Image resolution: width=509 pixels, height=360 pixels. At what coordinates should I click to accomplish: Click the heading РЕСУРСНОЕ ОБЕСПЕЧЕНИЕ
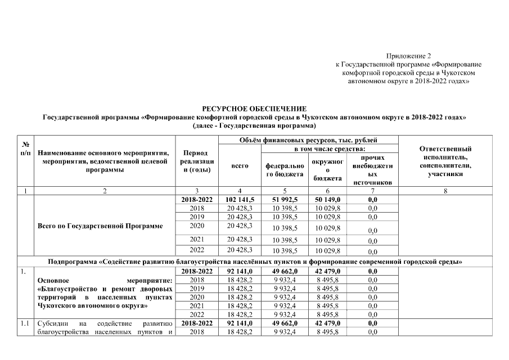[x=254, y=108]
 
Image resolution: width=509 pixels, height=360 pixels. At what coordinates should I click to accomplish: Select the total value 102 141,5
[x=240, y=200]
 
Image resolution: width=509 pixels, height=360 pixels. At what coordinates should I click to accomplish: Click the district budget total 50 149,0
[x=327, y=200]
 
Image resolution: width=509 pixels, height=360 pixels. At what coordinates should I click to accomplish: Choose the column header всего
[x=240, y=166]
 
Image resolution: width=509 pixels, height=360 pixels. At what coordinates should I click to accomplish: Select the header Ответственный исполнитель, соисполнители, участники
[x=445, y=161]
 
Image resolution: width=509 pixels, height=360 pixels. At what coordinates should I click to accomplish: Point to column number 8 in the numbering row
[x=445, y=191]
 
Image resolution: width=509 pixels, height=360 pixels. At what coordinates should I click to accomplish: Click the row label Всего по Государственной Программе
[x=100, y=226]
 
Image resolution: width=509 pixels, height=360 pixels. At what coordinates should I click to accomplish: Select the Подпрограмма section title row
[x=255, y=262]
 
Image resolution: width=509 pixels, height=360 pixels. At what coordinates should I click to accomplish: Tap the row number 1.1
[x=25, y=324]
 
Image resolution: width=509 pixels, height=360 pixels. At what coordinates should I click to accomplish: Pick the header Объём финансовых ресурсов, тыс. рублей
[x=308, y=139]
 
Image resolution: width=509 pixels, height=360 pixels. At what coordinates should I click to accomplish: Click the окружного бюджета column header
[x=327, y=170]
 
